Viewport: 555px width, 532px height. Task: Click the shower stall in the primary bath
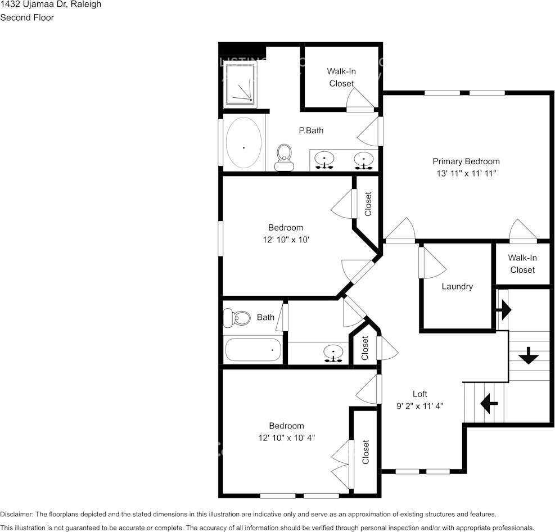241,85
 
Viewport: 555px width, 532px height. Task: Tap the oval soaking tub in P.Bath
243,143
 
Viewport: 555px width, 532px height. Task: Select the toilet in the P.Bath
285,157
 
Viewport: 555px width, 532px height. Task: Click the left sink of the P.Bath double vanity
324,160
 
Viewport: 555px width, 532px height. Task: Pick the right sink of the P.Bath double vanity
364,160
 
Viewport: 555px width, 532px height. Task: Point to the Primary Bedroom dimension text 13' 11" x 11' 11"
466,174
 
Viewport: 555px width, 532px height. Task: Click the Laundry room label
457,286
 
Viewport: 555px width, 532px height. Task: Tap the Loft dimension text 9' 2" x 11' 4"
420,406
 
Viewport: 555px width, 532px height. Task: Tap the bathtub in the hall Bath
253,350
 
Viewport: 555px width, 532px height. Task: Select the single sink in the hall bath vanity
333,353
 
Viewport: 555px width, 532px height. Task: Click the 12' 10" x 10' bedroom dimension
286,240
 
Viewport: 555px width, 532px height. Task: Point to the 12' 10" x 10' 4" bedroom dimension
286,438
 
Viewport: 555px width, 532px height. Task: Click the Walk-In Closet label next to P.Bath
341,78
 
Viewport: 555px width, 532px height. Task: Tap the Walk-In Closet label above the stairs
522,264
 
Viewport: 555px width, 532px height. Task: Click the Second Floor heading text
27,17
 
